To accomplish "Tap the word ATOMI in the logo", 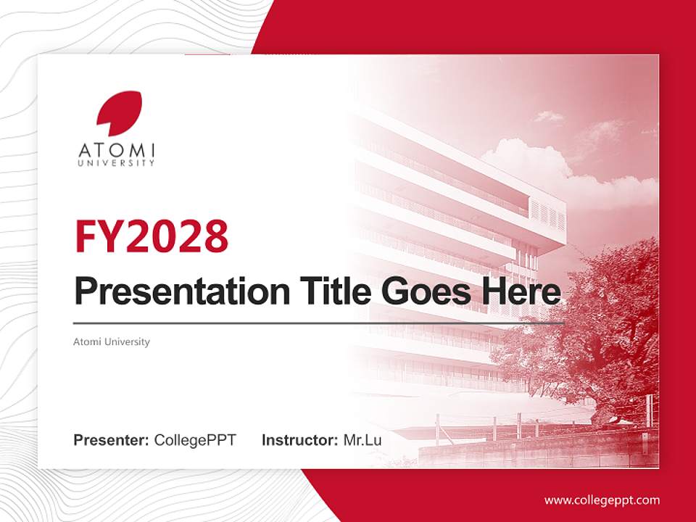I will [x=117, y=151].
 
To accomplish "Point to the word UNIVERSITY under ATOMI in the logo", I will [x=117, y=164].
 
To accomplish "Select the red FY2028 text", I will [x=152, y=236].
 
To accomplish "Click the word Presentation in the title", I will [x=172, y=291].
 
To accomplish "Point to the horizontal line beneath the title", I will [x=319, y=323].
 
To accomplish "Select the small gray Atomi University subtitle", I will [x=112, y=341].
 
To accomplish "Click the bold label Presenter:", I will [x=112, y=440].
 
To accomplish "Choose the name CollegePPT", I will [x=195, y=440].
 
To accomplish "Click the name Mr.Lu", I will [x=362, y=440].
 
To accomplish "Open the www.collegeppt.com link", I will [x=602, y=500].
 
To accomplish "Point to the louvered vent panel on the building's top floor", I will [x=547, y=213].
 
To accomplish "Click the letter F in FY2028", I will [x=86, y=236].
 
